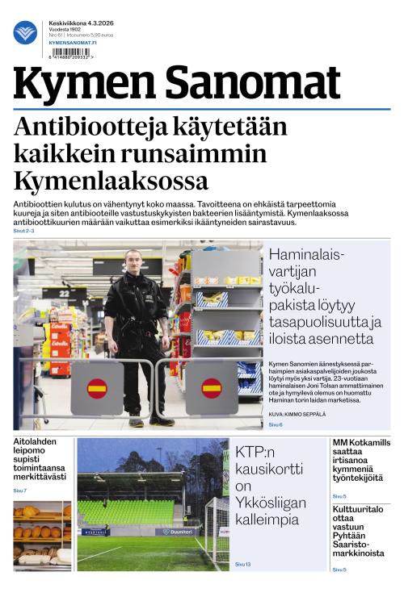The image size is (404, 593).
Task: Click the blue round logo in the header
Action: [25, 32]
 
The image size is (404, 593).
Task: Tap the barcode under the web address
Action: [69, 52]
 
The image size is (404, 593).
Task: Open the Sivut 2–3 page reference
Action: [23, 231]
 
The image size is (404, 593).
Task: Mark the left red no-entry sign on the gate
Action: [97, 388]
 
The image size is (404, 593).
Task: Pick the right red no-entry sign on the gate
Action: [211, 388]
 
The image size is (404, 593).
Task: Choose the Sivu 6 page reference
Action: [276, 424]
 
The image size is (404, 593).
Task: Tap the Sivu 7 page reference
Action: [19, 491]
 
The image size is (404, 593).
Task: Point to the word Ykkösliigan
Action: [271, 503]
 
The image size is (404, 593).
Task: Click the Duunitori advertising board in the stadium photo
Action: [175, 532]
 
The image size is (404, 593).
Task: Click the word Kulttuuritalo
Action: [361, 510]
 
